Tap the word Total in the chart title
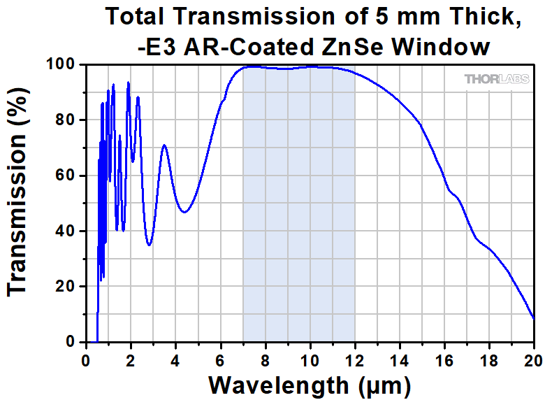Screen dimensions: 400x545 137,17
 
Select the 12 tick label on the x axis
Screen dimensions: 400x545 354,362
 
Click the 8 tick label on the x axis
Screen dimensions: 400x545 265,362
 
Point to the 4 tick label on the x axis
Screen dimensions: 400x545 175,362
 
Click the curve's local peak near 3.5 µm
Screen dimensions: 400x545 164,145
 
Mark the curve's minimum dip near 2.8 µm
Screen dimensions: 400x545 149,245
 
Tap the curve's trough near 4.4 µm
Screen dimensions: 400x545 184,212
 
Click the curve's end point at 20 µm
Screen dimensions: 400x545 534,318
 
